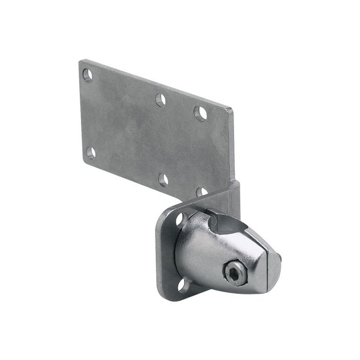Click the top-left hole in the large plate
(x=87, y=75)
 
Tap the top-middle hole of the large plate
(x=161, y=100)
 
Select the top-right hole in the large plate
(x=201, y=113)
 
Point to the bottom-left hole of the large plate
(x=91, y=152)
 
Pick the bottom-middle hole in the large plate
(x=163, y=180)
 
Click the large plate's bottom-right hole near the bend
(x=202, y=192)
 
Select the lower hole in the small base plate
(x=183, y=284)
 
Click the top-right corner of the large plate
(x=232, y=109)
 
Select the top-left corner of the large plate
(x=80, y=60)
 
